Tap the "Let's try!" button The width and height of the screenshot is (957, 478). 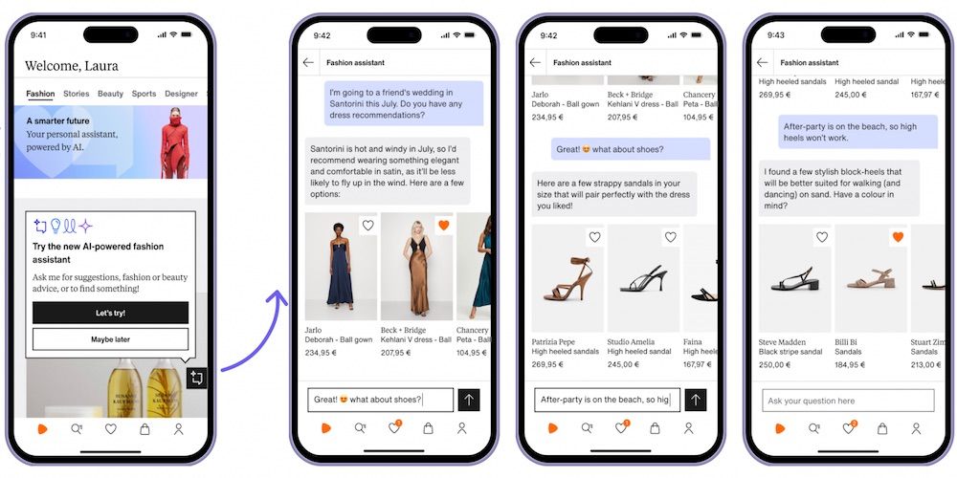click(x=110, y=313)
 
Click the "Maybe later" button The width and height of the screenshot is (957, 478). click(x=110, y=339)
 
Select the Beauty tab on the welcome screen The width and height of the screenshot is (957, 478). click(x=110, y=94)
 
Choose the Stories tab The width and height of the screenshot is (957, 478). click(x=77, y=94)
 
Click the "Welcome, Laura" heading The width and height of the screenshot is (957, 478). click(x=72, y=66)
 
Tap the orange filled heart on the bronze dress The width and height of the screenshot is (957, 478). click(x=444, y=226)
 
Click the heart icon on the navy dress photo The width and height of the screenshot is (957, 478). click(x=368, y=226)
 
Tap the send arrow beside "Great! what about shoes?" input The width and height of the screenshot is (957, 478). click(x=469, y=400)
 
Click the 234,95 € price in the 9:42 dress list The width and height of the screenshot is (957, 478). click(x=321, y=353)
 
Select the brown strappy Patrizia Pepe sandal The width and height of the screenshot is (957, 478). click(x=568, y=279)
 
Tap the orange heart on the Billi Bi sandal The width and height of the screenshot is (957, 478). click(x=898, y=237)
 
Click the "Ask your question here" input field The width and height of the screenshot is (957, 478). click(x=848, y=401)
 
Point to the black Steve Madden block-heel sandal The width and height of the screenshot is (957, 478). click(x=794, y=278)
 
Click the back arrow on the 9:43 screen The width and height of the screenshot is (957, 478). click(x=763, y=62)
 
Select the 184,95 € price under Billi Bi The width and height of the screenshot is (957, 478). click(x=850, y=364)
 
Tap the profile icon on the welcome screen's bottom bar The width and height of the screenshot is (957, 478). click(x=178, y=429)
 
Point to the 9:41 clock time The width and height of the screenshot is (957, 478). click(x=38, y=34)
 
